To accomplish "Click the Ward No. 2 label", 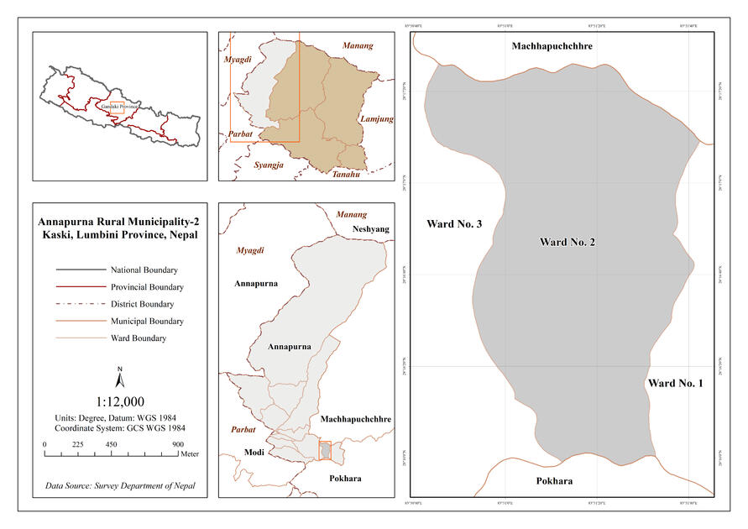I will pyautogui.click(x=568, y=243).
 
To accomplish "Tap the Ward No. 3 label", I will pyautogui.click(x=453, y=224).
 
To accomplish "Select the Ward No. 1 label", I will pyautogui.click(x=674, y=384).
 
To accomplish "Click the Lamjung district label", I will pyautogui.click(x=376, y=119).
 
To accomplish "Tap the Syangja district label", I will pyautogui.click(x=269, y=165).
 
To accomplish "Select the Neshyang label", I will pyautogui.click(x=371, y=228).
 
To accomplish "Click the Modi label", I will pyautogui.click(x=254, y=453).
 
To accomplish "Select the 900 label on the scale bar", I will pyautogui.click(x=178, y=444).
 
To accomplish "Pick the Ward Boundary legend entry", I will pyautogui.click(x=138, y=338).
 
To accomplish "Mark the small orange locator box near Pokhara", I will pyautogui.click(x=325, y=450).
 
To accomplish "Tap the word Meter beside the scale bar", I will pyautogui.click(x=190, y=453).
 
